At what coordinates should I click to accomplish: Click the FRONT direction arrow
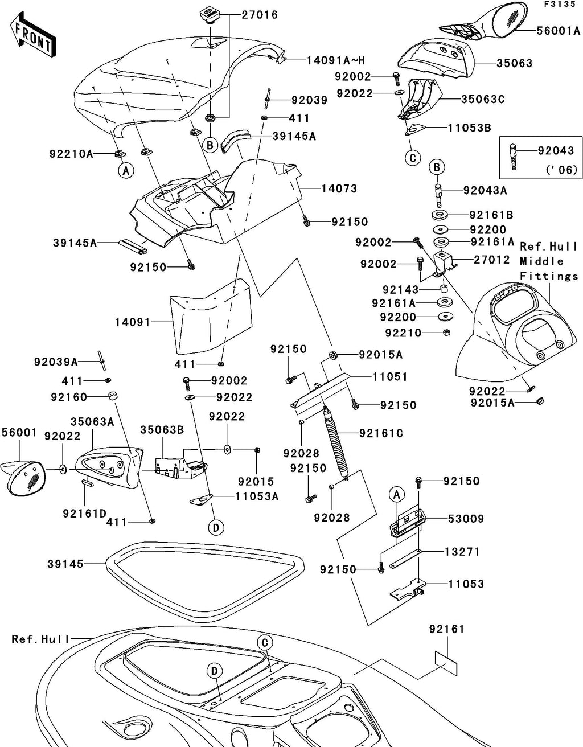(x=32, y=34)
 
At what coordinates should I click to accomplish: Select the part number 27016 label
(x=260, y=15)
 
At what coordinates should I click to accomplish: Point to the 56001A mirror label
(x=559, y=31)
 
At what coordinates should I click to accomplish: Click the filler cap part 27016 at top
(x=210, y=17)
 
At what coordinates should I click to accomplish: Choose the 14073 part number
(x=339, y=188)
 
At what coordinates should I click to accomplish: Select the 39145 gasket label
(x=65, y=564)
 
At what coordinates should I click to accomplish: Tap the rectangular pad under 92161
(x=446, y=663)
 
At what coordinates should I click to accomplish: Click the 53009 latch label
(x=466, y=519)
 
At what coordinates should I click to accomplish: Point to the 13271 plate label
(x=462, y=552)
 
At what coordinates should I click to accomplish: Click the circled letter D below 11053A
(x=216, y=528)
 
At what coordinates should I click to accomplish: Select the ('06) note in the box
(x=561, y=170)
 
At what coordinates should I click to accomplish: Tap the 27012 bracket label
(x=491, y=260)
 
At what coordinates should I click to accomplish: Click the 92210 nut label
(x=403, y=333)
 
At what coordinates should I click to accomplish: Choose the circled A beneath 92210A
(x=126, y=170)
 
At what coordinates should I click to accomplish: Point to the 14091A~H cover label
(x=335, y=61)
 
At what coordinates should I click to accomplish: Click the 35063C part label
(x=483, y=99)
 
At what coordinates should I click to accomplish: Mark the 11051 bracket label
(x=390, y=377)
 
